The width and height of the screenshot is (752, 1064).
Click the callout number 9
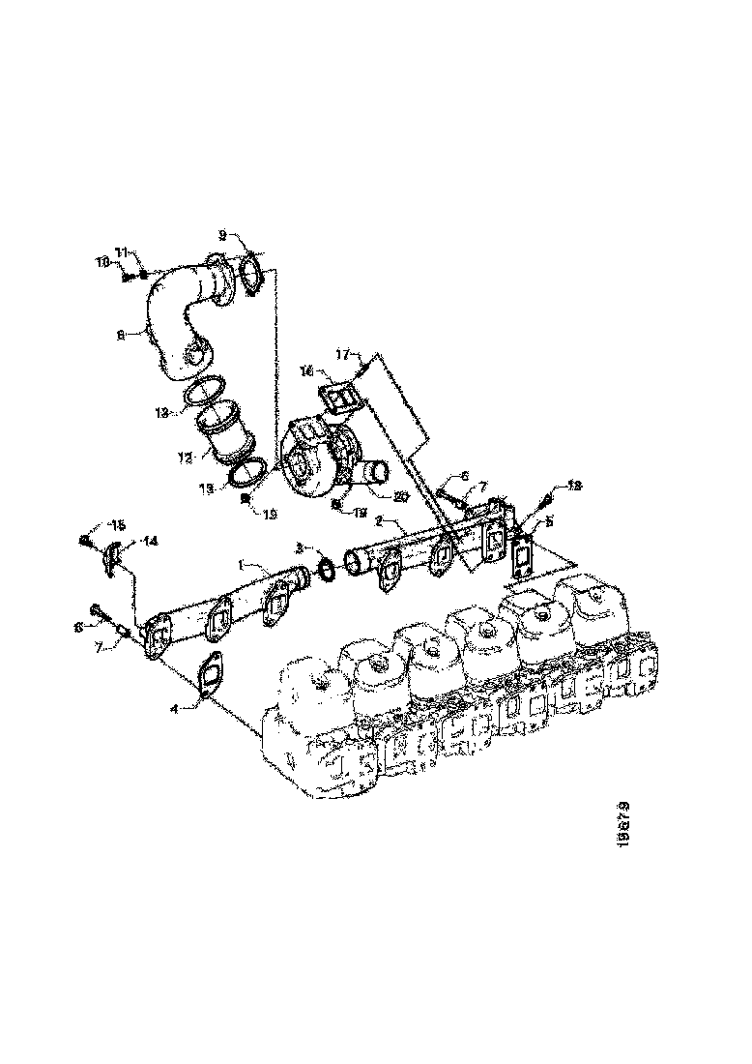click(222, 235)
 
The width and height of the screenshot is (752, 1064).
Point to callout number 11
click(122, 252)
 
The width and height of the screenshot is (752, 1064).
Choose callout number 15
click(118, 526)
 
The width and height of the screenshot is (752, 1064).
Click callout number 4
click(175, 708)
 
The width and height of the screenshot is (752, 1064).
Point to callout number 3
click(301, 549)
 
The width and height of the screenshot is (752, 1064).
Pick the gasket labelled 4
click(206, 675)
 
